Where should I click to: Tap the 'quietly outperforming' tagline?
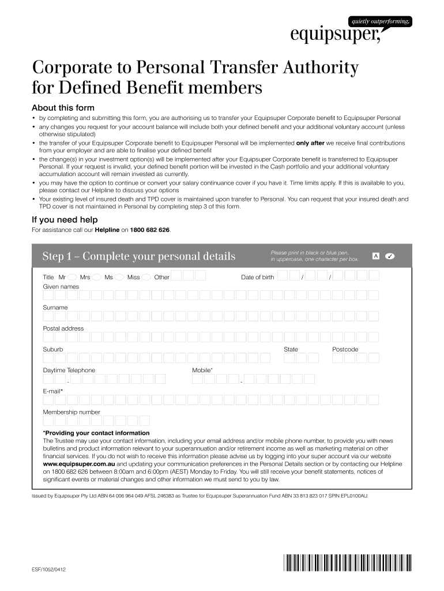(x=380, y=21)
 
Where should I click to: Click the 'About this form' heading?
(x=63, y=108)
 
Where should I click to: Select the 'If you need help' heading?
(x=65, y=219)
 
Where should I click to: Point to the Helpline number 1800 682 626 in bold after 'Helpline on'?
(x=150, y=230)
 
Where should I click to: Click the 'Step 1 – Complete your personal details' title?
(x=139, y=256)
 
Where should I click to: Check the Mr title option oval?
(x=72, y=277)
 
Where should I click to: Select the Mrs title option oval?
(x=97, y=277)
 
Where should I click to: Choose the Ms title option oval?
(x=119, y=277)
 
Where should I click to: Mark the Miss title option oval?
(x=146, y=277)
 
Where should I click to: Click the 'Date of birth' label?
(x=257, y=277)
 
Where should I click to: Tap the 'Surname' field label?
(x=55, y=308)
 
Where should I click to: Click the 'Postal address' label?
(x=63, y=328)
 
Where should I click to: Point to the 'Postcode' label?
(x=345, y=349)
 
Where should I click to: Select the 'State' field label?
(x=291, y=349)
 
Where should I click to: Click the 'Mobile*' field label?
(x=202, y=370)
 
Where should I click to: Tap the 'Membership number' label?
(x=72, y=412)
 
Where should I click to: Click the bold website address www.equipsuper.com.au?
(x=79, y=463)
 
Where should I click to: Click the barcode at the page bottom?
(x=348, y=562)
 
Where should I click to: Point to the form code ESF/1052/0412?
(x=48, y=570)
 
